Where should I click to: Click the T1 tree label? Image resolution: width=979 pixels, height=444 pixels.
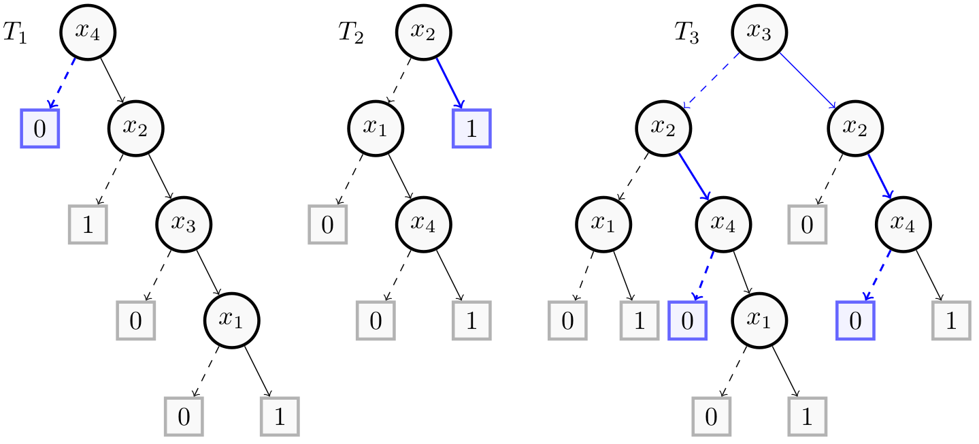(15, 33)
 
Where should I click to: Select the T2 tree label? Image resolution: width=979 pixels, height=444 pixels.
(350, 33)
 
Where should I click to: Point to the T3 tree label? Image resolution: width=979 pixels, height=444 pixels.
(686, 33)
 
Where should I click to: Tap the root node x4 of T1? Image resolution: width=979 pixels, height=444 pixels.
(88, 32)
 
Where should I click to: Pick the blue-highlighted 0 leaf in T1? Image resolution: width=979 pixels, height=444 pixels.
(39, 128)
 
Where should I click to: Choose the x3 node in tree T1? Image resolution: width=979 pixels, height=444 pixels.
(184, 224)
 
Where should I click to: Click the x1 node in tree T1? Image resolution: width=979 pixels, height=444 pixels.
(232, 320)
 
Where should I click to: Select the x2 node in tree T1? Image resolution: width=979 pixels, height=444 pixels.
(136, 128)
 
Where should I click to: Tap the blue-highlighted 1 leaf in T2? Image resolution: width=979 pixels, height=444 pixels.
(471, 128)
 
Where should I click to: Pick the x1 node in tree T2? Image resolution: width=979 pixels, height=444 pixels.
(376, 128)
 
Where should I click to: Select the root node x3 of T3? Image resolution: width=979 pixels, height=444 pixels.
(759, 32)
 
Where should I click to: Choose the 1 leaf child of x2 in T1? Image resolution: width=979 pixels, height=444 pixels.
(88, 224)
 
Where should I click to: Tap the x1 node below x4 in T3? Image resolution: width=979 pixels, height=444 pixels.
(759, 320)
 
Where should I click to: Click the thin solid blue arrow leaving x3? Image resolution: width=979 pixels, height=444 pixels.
(807, 80)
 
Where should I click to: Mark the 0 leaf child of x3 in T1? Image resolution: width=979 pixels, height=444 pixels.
(135, 320)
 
